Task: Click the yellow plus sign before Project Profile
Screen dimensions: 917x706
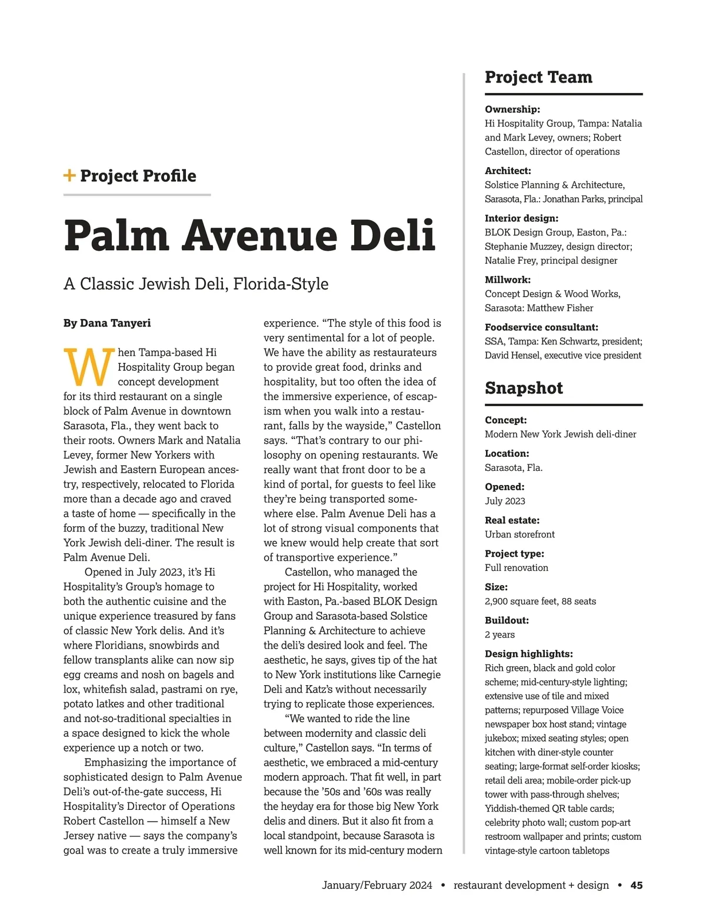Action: pyautogui.click(x=69, y=175)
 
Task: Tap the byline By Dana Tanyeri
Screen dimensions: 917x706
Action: pyautogui.click(x=107, y=323)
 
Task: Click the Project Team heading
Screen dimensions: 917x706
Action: pyautogui.click(x=538, y=77)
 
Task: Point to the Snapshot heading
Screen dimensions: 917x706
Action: pyautogui.click(x=524, y=388)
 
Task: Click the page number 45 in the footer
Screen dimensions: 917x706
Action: pyautogui.click(x=637, y=885)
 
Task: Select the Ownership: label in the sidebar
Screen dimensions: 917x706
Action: pyautogui.click(x=512, y=109)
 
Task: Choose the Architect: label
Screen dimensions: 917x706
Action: pyautogui.click(x=508, y=171)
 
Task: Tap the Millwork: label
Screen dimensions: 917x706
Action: pyautogui.click(x=508, y=280)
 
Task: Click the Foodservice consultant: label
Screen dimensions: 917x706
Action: pyautogui.click(x=541, y=327)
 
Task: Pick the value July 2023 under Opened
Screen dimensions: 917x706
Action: pyautogui.click(x=505, y=501)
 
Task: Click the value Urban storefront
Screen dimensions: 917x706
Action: pyautogui.click(x=519, y=534)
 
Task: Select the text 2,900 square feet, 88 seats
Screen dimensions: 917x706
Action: pyautogui.click(x=540, y=601)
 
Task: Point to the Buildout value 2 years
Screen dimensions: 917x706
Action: pyautogui.click(x=499, y=634)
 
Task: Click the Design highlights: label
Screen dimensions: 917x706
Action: pyautogui.click(x=528, y=654)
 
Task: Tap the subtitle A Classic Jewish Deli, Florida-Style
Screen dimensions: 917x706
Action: pyautogui.click(x=196, y=284)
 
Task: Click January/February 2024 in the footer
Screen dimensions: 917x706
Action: pyautogui.click(x=377, y=885)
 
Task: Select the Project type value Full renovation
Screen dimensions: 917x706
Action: pyautogui.click(x=516, y=568)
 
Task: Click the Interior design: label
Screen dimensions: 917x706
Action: pyautogui.click(x=521, y=218)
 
